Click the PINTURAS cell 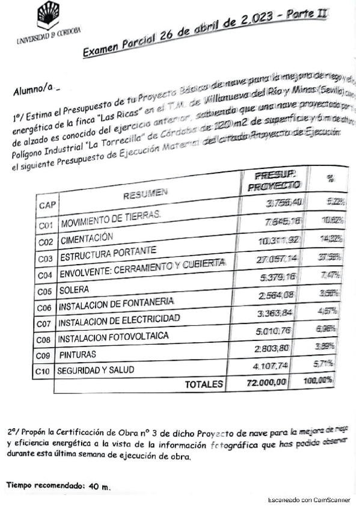tap(78, 354)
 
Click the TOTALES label tap(204, 384)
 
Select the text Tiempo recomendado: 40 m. tap(59, 485)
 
